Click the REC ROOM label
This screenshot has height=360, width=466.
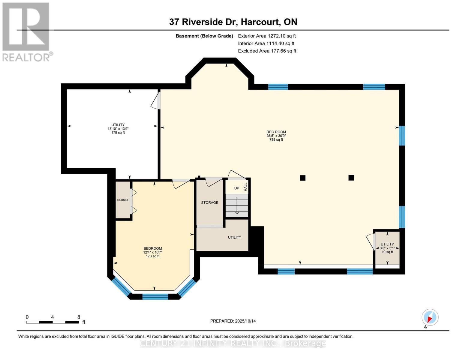tap(276, 132)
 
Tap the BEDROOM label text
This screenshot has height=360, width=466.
tap(153, 248)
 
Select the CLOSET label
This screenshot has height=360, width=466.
tap(123, 200)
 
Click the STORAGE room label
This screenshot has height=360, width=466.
tap(209, 202)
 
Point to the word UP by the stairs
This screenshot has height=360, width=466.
tap(236, 188)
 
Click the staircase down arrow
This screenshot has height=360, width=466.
tap(237, 205)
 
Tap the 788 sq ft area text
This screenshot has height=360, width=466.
tap(276, 139)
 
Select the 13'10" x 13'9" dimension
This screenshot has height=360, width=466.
tap(118, 129)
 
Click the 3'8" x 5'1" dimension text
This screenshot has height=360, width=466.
tap(387, 248)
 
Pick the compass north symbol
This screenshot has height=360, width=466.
tap(430, 317)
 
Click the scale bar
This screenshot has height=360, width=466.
tap(53, 322)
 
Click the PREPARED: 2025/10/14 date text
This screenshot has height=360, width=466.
tap(233, 321)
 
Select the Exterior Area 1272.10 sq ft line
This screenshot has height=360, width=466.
tap(267, 36)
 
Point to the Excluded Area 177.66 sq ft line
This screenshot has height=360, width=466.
tap(267, 51)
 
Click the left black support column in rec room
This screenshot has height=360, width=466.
tap(302, 178)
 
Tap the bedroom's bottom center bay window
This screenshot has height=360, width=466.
tap(155, 297)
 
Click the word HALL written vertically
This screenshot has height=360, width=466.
tap(246, 187)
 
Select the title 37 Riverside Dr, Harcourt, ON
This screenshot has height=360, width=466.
tap(233, 22)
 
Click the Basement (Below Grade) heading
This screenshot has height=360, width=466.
tap(204, 36)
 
